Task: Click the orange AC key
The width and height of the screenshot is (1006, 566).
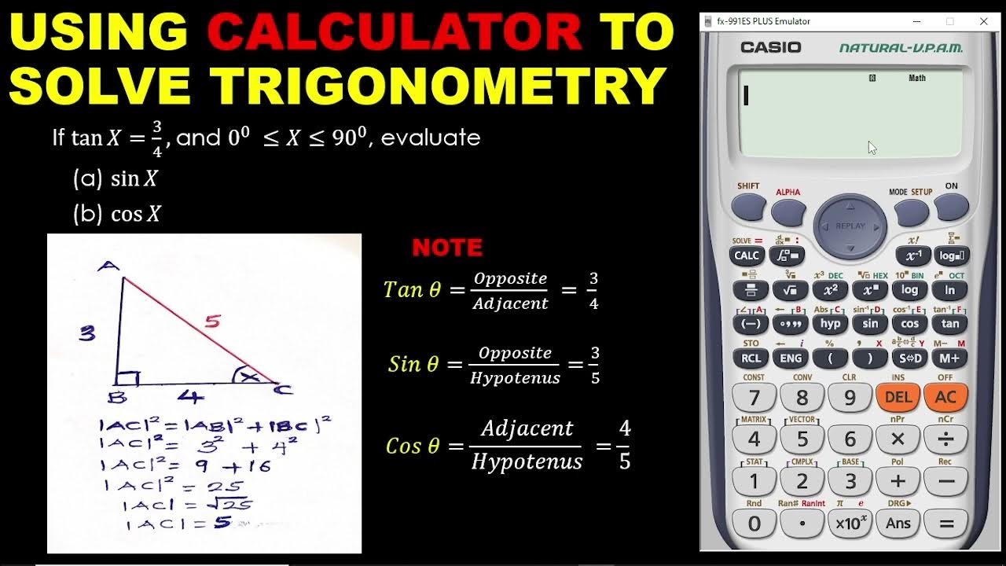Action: tap(945, 397)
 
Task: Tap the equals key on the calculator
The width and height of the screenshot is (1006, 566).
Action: tap(945, 523)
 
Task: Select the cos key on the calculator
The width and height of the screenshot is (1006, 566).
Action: tap(910, 323)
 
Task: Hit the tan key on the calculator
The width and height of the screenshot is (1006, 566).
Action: tap(950, 323)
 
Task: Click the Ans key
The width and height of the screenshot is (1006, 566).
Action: tap(898, 523)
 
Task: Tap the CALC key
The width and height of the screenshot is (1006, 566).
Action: tap(746, 255)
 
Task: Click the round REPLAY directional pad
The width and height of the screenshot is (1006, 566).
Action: tap(850, 226)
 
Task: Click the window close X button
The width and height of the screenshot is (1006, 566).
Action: tap(983, 21)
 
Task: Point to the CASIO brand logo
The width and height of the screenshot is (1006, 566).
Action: tap(770, 47)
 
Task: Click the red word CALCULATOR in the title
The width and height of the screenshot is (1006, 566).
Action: tap(395, 33)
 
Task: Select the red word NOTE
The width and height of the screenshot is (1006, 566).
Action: tap(447, 248)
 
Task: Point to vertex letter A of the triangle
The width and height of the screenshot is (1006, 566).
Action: tap(108, 266)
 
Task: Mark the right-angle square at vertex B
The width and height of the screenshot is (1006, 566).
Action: tap(128, 378)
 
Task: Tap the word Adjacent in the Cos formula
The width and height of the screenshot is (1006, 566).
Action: tap(527, 428)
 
